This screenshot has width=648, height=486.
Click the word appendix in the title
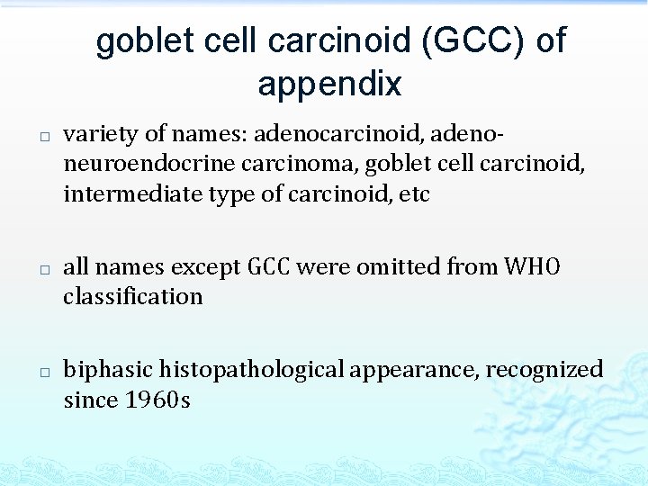329,84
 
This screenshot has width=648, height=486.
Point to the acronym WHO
532,267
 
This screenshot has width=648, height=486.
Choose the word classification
132,297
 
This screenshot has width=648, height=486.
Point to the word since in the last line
85,400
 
